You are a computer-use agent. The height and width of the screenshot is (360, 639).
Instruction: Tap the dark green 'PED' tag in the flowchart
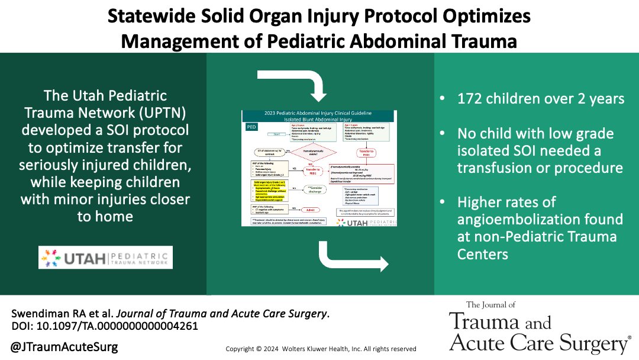tap(251, 127)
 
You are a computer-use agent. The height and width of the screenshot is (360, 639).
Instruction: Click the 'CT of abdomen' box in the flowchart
tap(260, 153)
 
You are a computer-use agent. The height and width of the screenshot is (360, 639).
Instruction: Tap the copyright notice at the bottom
tap(321, 349)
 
